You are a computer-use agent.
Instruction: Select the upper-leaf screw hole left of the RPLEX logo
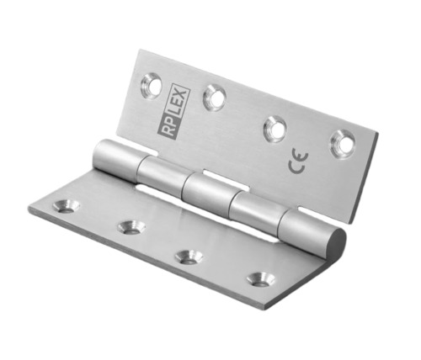pos(151,82)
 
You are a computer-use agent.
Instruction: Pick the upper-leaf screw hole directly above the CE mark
pos(275,128)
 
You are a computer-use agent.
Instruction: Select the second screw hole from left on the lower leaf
pos(130,226)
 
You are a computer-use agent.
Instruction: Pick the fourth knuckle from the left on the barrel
pos(256,212)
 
